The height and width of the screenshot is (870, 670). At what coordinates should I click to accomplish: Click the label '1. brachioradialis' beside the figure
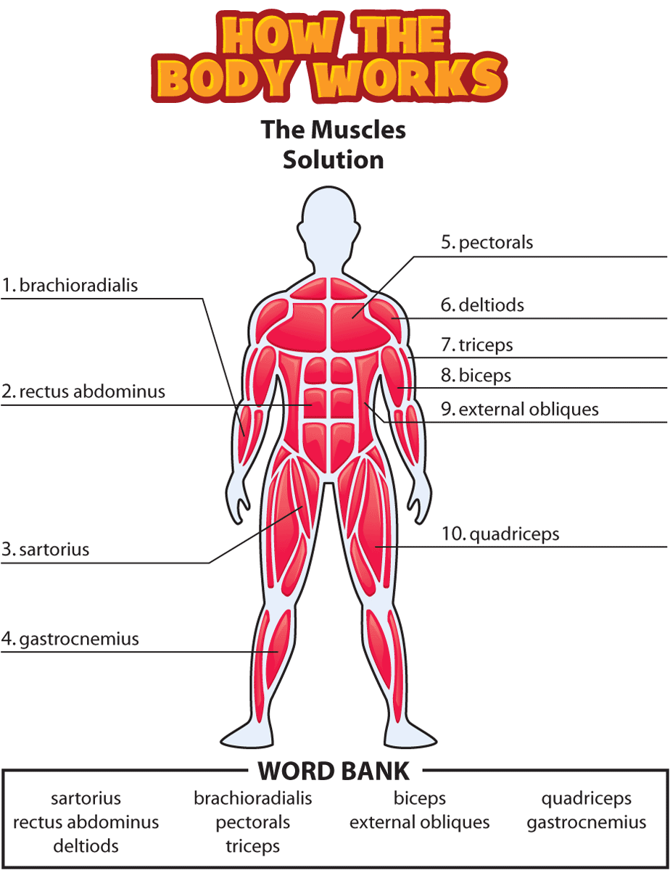(70, 286)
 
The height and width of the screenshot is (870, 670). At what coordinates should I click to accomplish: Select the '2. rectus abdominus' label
(83, 391)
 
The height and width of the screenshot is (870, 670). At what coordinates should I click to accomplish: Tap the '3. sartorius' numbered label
(45, 550)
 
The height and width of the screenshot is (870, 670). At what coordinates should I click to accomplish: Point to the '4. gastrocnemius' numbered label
(70, 639)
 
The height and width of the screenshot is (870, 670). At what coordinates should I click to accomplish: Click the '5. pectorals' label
(487, 243)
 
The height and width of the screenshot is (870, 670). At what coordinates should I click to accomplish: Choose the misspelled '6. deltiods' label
(482, 305)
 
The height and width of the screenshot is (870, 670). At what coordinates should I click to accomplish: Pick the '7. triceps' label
(476, 345)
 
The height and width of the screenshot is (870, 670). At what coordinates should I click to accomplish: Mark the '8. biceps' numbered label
(476, 376)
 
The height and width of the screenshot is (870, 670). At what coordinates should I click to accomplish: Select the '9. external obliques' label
(520, 409)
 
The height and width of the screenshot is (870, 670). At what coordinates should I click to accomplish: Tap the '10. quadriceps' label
(500, 534)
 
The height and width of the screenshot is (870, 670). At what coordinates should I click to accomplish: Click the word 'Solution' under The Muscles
(334, 160)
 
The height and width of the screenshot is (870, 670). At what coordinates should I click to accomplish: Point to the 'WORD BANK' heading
(334, 771)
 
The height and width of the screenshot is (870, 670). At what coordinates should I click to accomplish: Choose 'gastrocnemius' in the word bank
(587, 823)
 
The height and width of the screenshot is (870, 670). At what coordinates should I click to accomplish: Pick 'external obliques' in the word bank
(419, 823)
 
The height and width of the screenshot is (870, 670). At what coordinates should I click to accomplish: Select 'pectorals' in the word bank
(253, 823)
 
